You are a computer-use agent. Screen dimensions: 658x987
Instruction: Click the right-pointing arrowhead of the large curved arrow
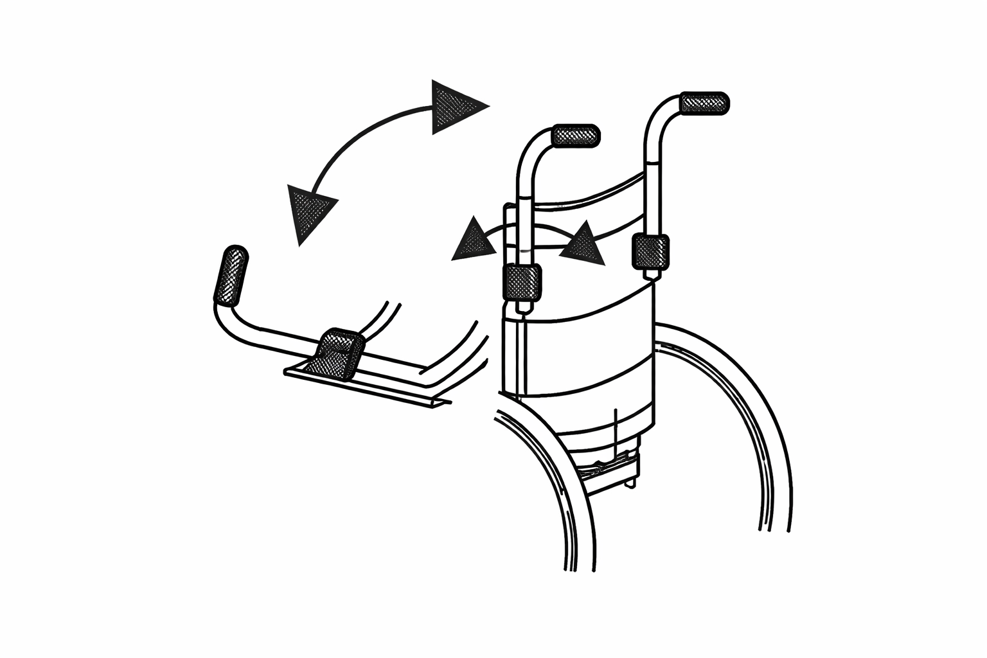(x=455, y=106)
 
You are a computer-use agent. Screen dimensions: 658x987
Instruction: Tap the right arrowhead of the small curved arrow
(x=583, y=245)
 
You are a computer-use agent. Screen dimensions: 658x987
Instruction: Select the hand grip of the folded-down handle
(x=231, y=275)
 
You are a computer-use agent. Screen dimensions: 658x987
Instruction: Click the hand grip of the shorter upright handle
(x=576, y=136)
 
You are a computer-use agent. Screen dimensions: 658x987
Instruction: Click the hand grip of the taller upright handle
(x=704, y=103)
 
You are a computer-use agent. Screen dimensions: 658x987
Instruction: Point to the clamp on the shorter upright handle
(x=521, y=283)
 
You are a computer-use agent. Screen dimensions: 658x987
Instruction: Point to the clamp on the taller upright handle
(x=651, y=251)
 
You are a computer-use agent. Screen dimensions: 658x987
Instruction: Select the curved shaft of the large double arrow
(x=360, y=135)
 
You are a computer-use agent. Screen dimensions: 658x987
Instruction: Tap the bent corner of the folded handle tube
(x=225, y=318)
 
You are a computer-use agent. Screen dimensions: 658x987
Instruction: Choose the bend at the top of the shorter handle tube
(x=531, y=145)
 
